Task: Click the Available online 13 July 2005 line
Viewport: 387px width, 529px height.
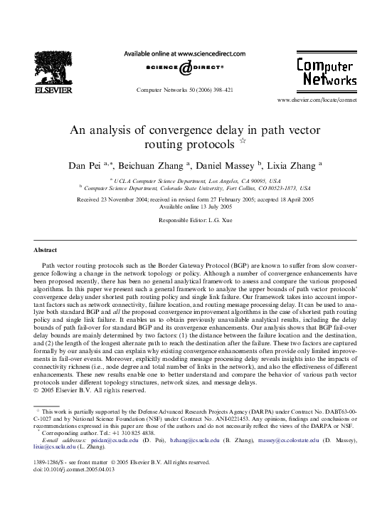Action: point(193,207)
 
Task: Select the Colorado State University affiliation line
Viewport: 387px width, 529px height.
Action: point(196,189)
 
